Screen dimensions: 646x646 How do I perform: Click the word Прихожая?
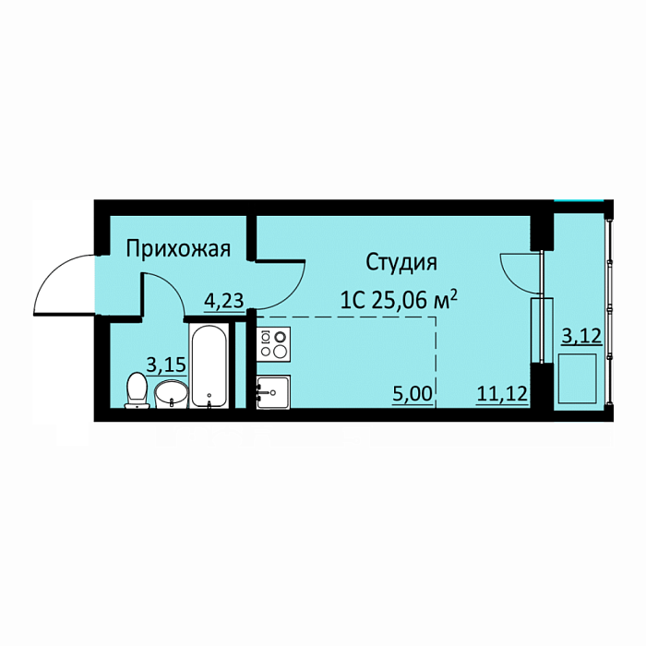click(x=178, y=250)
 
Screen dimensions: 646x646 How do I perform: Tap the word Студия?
click(x=401, y=263)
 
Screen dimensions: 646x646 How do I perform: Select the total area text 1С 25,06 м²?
click(x=399, y=300)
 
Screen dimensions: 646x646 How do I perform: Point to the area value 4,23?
click(x=224, y=301)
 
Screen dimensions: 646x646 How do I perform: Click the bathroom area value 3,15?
click(x=166, y=365)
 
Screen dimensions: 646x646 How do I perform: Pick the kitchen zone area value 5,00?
click(x=413, y=394)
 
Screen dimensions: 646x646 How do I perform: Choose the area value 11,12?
click(x=502, y=394)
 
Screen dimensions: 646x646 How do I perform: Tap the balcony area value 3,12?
click(x=581, y=337)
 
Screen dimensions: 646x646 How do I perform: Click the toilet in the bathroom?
click(x=138, y=390)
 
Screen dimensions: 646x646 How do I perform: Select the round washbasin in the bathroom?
click(x=171, y=394)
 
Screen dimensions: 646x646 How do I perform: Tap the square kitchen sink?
click(x=273, y=392)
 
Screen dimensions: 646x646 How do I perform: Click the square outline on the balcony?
click(x=578, y=379)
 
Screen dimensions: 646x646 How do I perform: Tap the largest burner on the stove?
click(x=281, y=352)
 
